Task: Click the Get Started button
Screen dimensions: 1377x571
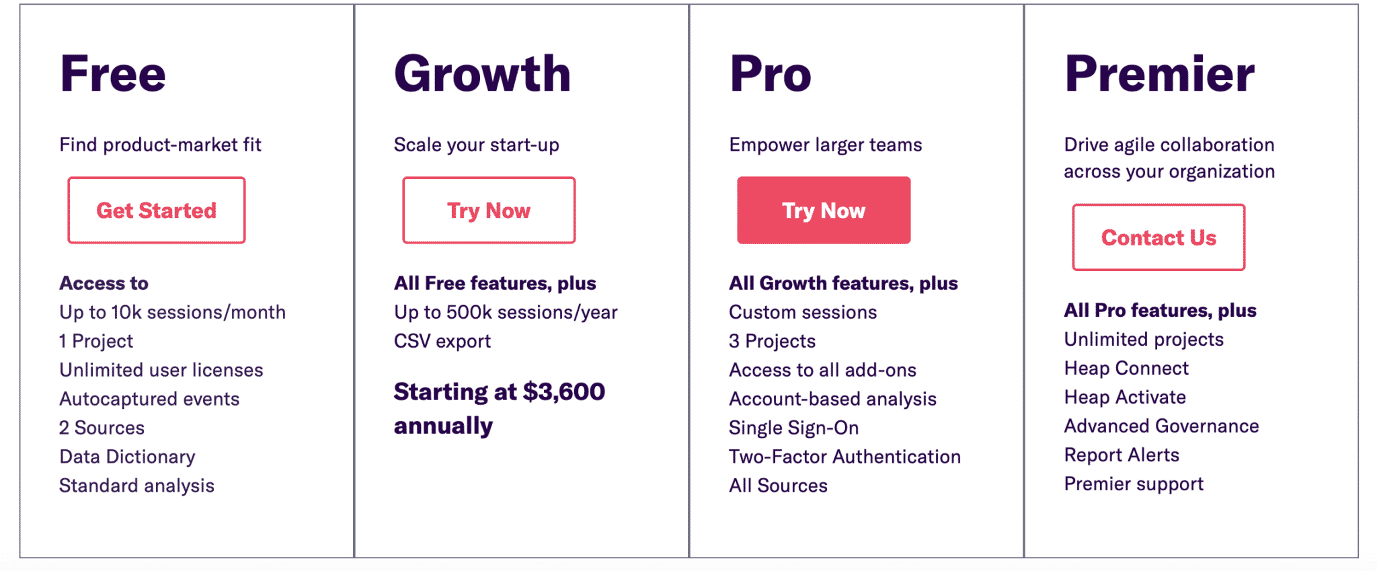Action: [x=157, y=210]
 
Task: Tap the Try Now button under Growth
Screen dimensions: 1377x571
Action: [x=489, y=210]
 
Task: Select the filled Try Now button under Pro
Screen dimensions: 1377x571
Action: [x=824, y=210]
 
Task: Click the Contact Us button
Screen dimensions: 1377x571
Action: [x=1158, y=237]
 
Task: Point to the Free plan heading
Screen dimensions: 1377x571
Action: [x=113, y=73]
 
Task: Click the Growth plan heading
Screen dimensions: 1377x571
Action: [x=482, y=73]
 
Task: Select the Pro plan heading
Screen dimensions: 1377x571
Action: [x=771, y=73]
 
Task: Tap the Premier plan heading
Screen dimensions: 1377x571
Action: [x=1160, y=73]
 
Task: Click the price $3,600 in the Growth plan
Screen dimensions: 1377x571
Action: [x=563, y=391]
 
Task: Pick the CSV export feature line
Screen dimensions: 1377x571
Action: [x=442, y=341]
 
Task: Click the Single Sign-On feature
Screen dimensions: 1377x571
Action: [x=794, y=428]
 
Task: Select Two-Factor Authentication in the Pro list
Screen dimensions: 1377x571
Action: [x=845, y=457]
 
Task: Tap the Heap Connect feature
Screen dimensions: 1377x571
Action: [x=1126, y=368]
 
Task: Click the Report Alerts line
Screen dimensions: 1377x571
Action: [x=1122, y=455]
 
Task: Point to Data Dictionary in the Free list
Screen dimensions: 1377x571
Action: [x=127, y=457]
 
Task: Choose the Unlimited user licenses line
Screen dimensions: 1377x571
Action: [x=161, y=370]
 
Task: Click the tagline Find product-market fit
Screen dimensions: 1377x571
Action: [x=161, y=145]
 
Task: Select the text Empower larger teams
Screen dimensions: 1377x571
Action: [x=826, y=145]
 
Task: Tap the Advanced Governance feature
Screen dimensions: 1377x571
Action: [x=1161, y=426]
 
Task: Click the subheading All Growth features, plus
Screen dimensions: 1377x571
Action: [x=844, y=283]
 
